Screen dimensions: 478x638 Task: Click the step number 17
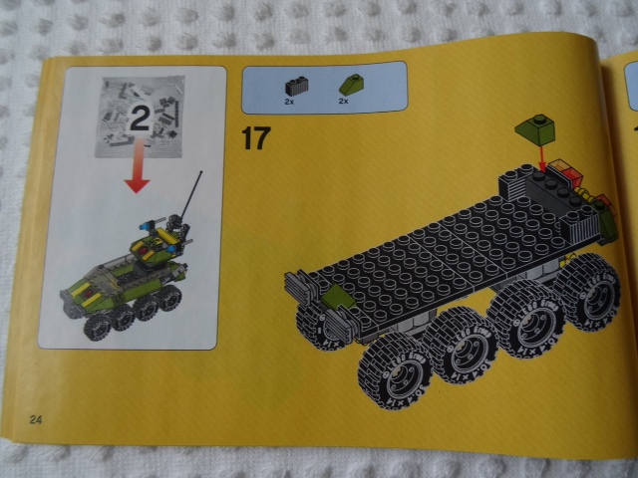(x=254, y=138)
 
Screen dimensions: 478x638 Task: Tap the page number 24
(x=37, y=416)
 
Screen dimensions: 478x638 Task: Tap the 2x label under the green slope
(x=344, y=101)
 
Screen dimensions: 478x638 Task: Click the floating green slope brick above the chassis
(x=534, y=130)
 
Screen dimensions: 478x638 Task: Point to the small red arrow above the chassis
(x=541, y=157)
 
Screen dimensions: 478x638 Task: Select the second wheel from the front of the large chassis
(x=463, y=348)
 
